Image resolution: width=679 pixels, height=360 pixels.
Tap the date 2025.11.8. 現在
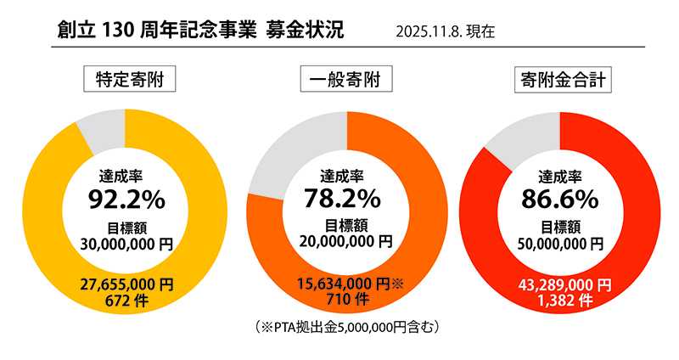(445, 32)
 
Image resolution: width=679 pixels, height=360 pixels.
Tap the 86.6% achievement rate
(560, 200)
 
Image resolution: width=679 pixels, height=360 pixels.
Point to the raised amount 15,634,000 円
(342, 284)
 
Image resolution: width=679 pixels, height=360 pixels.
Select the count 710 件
(346, 299)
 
